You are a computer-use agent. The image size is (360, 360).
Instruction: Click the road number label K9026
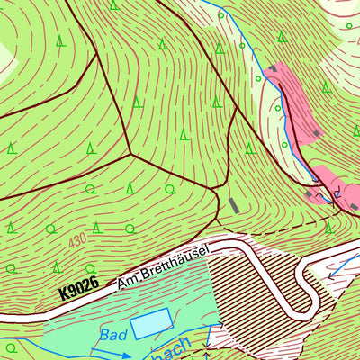[x=78, y=291]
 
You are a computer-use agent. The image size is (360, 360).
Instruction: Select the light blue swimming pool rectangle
[x=150, y=323]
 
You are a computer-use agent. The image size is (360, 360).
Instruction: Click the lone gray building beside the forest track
[x=234, y=205]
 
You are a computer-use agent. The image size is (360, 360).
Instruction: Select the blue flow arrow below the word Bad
[x=105, y=352]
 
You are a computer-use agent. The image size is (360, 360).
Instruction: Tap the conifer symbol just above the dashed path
[x=329, y=227]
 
